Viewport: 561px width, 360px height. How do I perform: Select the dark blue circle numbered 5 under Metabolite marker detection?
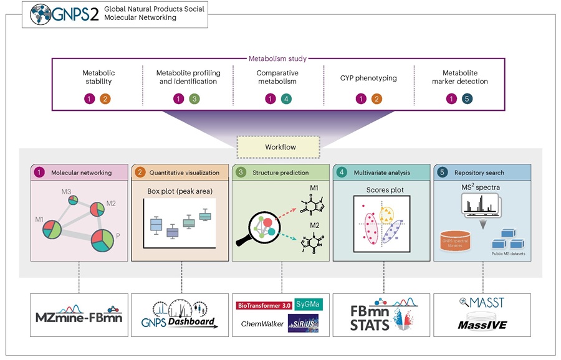coord(467,99)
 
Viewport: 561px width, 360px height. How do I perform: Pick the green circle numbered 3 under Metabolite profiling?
coord(194,99)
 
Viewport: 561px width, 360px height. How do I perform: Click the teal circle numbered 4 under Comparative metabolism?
coord(285,99)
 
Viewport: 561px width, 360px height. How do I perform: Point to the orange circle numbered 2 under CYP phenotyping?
coord(376,99)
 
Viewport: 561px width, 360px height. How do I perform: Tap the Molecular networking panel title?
coord(82,172)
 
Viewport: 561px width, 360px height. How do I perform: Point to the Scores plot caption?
coord(381,187)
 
